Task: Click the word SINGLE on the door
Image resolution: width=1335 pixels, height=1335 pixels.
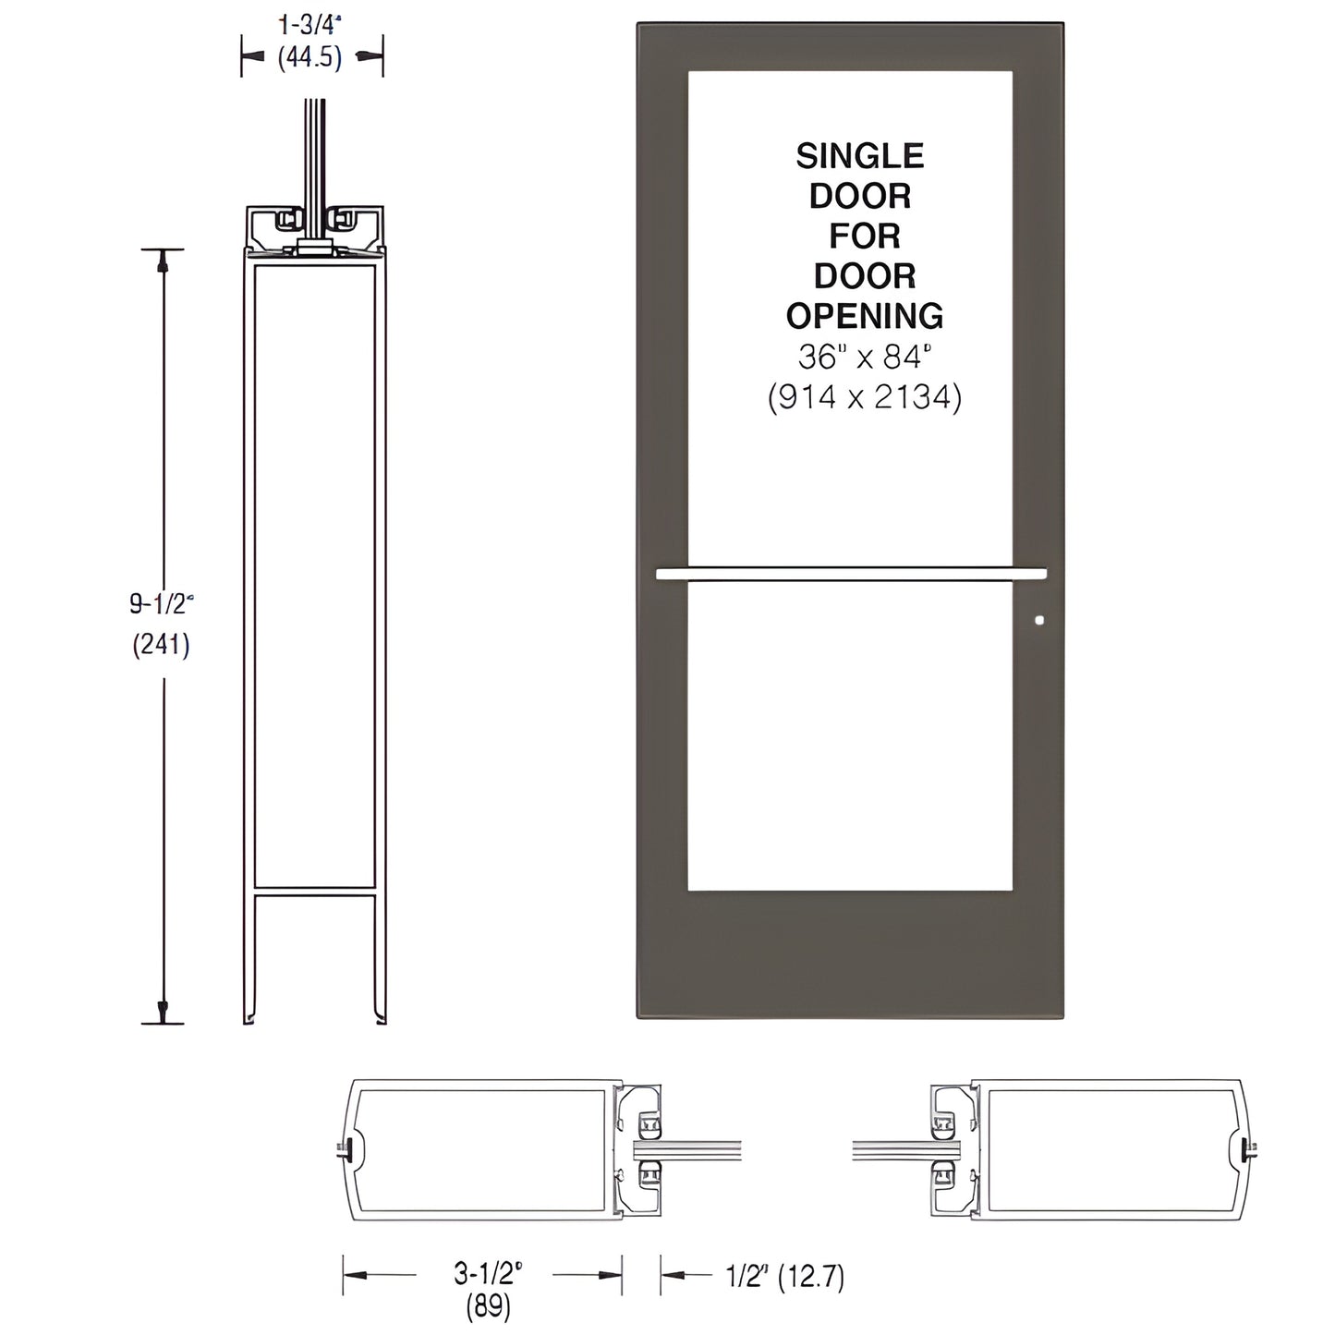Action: tap(859, 156)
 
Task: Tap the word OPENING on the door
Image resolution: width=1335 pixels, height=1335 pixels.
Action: tap(865, 316)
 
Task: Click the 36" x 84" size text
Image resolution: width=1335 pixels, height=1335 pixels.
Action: tap(865, 357)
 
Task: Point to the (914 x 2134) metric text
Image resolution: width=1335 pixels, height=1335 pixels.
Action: tap(865, 397)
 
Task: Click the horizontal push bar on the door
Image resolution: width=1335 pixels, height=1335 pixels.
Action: tap(850, 574)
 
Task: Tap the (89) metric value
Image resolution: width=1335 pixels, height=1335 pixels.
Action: tap(488, 1307)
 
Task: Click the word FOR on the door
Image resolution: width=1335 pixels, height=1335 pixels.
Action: tap(865, 237)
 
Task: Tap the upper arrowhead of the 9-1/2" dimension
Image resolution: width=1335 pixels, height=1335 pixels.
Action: tap(164, 262)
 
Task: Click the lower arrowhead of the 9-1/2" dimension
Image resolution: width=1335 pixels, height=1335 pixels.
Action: tap(164, 1010)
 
